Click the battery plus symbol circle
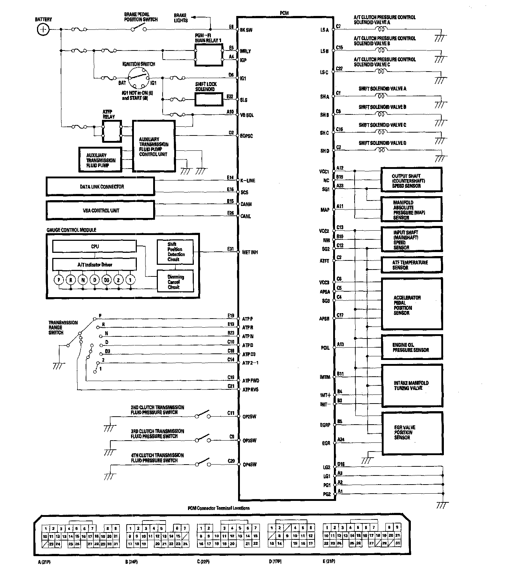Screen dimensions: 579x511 point(43,29)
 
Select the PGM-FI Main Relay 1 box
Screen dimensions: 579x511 point(209,55)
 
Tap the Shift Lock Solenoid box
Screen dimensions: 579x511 point(209,99)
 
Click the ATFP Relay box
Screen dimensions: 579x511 point(112,131)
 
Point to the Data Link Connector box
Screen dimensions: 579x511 point(100,187)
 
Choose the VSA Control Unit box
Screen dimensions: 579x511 point(100,210)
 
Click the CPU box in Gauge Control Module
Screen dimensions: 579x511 point(94,247)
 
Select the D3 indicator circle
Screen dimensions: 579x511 point(106,280)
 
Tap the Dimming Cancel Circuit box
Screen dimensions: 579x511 point(175,282)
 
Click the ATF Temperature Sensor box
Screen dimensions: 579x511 point(412,265)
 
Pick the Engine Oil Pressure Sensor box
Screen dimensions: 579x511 point(412,348)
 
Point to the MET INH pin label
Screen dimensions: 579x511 point(250,252)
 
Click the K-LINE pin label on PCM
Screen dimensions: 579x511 point(248,181)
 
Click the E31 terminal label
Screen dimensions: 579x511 point(230,249)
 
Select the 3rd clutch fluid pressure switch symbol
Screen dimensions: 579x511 point(203,438)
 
